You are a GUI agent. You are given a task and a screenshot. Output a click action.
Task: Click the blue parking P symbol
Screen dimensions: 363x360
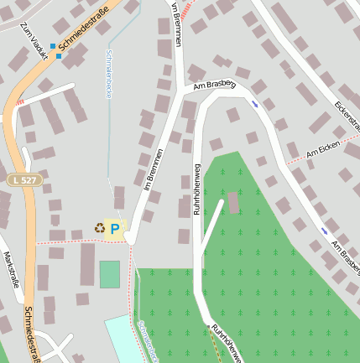click(115, 228)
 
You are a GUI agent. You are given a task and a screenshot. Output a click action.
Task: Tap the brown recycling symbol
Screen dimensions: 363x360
click(100, 228)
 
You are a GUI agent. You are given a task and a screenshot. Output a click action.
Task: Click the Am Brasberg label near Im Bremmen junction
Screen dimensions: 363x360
click(214, 85)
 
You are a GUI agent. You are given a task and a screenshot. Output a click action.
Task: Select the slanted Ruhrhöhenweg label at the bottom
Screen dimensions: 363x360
click(227, 344)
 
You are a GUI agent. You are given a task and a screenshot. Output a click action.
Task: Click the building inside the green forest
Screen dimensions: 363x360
click(232, 203)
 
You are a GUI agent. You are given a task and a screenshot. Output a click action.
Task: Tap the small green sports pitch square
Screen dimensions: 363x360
click(109, 274)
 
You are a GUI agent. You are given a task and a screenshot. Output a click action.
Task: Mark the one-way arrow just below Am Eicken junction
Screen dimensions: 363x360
click(324, 231)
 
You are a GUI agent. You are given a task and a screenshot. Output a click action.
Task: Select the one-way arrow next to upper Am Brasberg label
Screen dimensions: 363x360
click(254, 103)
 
